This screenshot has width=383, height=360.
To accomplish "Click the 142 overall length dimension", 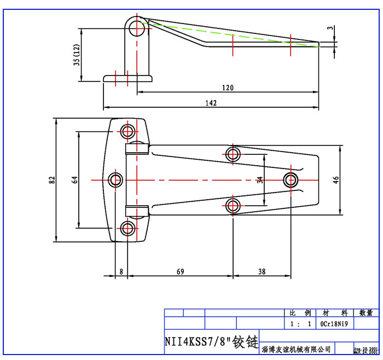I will pos(211,103).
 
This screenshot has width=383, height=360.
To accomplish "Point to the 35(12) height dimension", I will pos(77,55).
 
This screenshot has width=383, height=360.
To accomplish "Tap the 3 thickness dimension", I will pos(330,27).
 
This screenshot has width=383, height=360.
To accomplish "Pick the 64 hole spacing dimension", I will pos(75,179).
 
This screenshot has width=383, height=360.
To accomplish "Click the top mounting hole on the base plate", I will pos(128,131).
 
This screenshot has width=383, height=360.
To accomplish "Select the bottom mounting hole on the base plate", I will pos(128,229).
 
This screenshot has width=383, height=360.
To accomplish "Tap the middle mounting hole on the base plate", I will pos(115,179).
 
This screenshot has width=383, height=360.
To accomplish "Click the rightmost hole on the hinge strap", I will pos(291,179).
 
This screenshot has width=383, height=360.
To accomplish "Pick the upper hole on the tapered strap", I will pos(233,153).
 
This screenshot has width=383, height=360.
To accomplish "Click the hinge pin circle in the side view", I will pos(136,26).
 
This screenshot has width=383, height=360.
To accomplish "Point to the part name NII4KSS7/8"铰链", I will pos(211,342).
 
